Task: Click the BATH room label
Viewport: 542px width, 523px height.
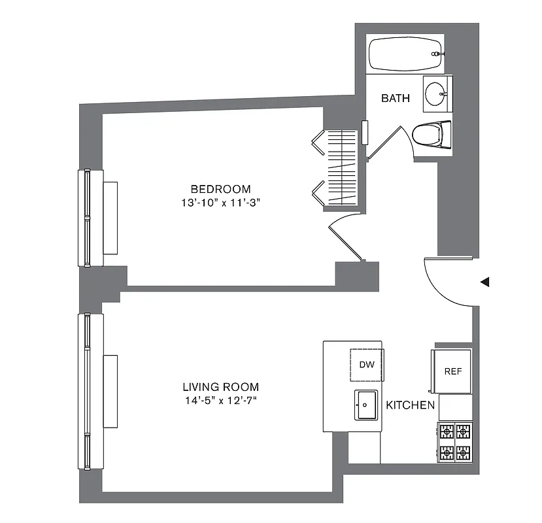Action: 396,99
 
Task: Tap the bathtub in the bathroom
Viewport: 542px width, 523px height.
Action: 405,54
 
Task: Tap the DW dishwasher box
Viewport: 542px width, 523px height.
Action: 367,365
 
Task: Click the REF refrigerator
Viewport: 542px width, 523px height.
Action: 452,371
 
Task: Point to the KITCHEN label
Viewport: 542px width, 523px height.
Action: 410,405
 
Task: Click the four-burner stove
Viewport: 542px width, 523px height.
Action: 454,442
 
